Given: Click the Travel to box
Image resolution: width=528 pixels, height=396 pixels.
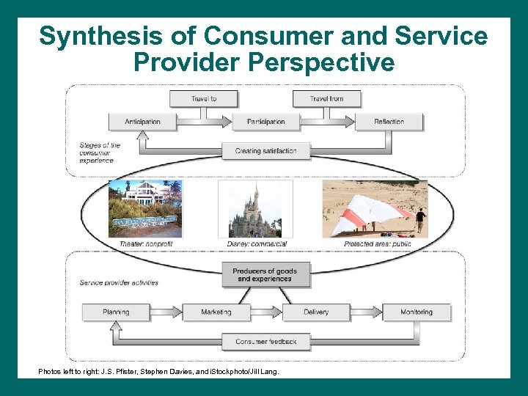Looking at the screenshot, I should pyautogui.click(x=204, y=98).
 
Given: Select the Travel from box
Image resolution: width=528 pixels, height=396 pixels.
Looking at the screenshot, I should pyautogui.click(x=326, y=98).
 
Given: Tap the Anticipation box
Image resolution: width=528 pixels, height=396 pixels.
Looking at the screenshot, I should pyautogui.click(x=142, y=121).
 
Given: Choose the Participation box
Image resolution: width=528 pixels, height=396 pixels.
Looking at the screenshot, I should pyautogui.click(x=265, y=121).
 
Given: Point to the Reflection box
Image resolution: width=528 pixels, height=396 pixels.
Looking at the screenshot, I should pyautogui.click(x=389, y=121).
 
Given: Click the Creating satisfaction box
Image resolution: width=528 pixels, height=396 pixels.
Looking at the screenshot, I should pyautogui.click(x=265, y=151).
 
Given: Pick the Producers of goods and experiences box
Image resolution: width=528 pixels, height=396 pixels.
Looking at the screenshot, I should pyautogui.click(x=265, y=275).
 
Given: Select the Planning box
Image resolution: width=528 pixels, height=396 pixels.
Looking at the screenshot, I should pyautogui.click(x=116, y=312).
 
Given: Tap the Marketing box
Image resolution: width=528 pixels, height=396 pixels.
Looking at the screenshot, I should pyautogui.click(x=216, y=312).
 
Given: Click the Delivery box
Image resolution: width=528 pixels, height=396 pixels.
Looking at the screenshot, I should pyautogui.click(x=316, y=312).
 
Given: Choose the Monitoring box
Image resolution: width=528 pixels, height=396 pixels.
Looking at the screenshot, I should pyautogui.click(x=417, y=312).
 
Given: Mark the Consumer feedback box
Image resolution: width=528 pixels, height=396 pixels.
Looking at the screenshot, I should pyautogui.click(x=265, y=342).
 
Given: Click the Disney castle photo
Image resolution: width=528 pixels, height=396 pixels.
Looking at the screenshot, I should pyautogui.click(x=254, y=209).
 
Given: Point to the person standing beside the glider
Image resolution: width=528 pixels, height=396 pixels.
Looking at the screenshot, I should pyautogui.click(x=420, y=220).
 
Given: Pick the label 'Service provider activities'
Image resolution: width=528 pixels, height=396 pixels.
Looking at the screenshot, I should pyautogui.click(x=119, y=282).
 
